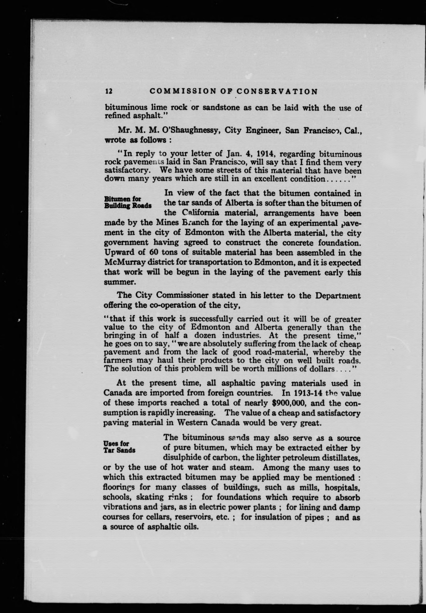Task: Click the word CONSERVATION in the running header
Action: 277,92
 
